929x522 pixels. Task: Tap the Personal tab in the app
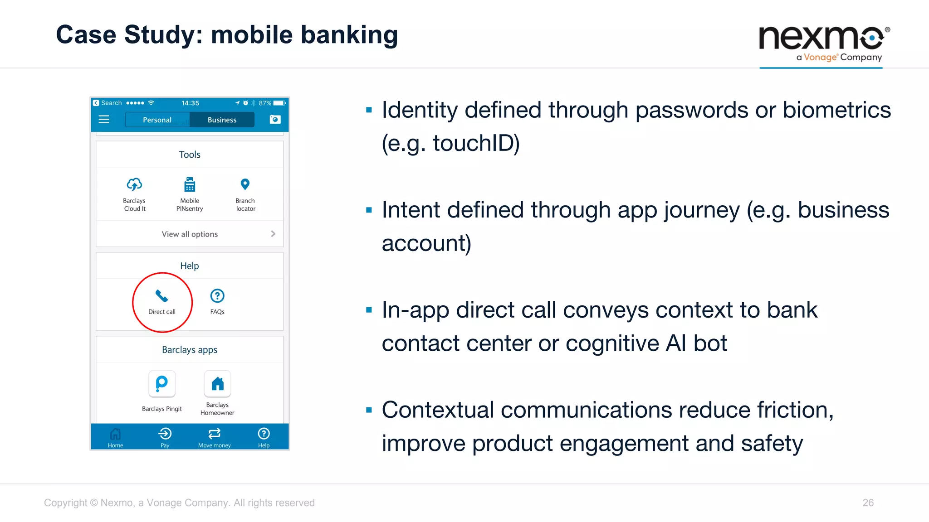[157, 120]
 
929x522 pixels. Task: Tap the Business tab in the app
[222, 120]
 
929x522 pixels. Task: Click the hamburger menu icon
[104, 120]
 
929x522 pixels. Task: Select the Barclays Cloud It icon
[134, 185]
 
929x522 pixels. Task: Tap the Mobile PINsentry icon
[190, 185]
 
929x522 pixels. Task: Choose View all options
[190, 234]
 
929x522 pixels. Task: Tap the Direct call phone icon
[161, 296]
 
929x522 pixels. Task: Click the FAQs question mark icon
[217, 296]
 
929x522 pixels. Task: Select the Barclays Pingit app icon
[162, 384]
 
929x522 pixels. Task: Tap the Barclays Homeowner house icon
[217, 384]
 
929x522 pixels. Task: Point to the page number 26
[868, 503]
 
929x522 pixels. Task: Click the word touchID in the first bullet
[476, 144]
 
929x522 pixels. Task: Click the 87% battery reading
[265, 103]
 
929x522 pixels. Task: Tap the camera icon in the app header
[275, 120]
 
